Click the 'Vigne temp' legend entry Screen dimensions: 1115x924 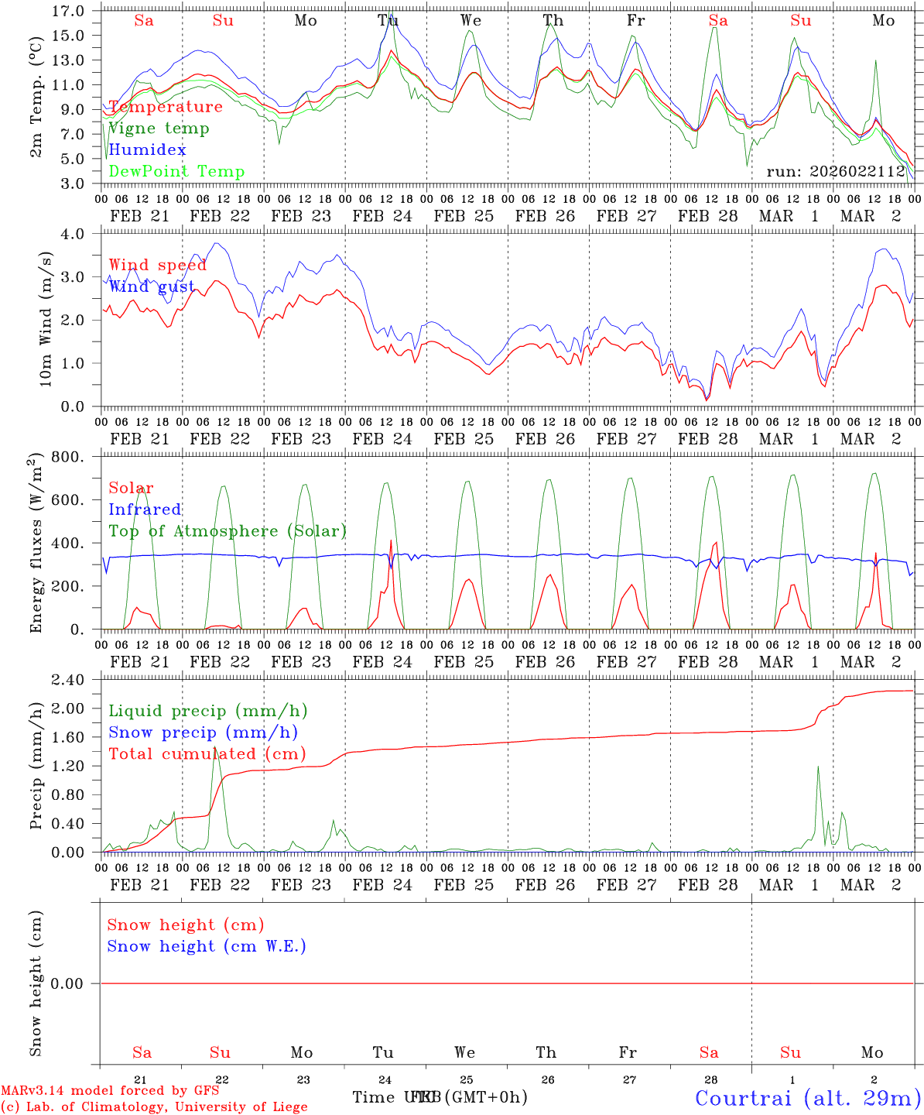point(159,129)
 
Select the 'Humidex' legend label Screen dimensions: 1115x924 point(147,150)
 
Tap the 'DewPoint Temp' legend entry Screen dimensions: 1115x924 point(176,172)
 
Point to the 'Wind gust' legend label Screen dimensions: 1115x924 point(152,286)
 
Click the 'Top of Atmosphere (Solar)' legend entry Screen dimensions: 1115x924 point(228,531)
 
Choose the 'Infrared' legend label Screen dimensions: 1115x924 point(145,509)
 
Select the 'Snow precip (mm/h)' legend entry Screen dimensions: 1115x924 point(203,732)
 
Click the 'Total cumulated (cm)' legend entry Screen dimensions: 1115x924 point(207,754)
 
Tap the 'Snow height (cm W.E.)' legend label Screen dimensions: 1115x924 point(206,946)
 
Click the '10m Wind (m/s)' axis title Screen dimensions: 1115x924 point(46,319)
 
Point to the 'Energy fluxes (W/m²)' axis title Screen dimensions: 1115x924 point(36,544)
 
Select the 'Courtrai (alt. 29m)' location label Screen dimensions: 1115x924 point(808,1097)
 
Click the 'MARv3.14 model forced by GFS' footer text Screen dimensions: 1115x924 point(110,1091)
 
